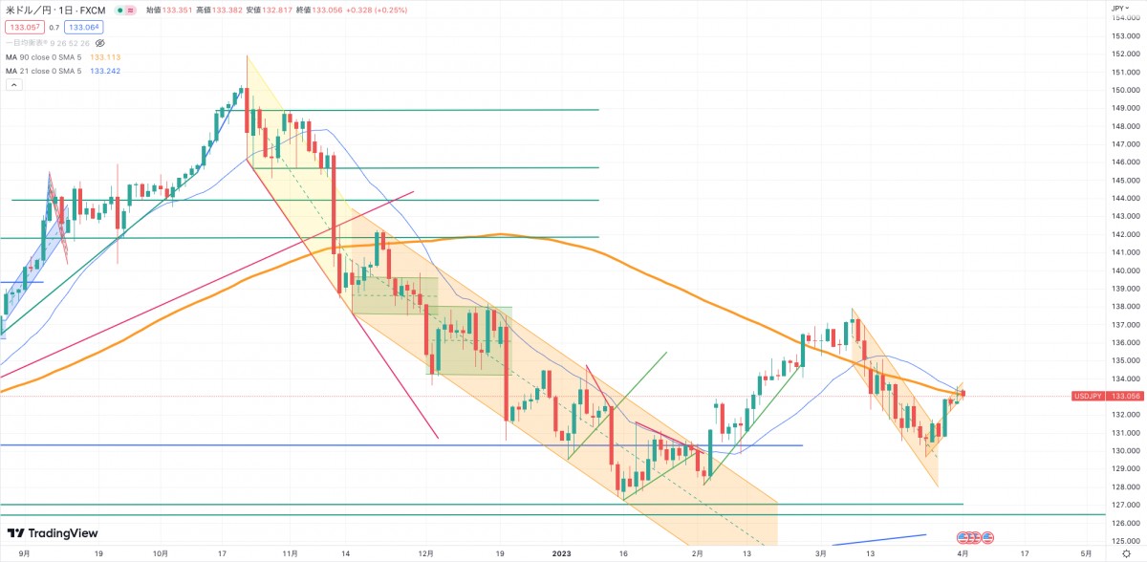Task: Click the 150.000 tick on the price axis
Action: coord(1124,90)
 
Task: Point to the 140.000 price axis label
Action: coord(1124,270)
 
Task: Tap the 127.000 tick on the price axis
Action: coord(1124,505)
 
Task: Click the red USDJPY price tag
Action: coord(1088,395)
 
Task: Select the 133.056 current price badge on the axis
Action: coord(1124,395)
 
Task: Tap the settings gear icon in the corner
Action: coord(1127,553)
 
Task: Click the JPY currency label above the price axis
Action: coord(1117,8)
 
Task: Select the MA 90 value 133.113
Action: coord(104,57)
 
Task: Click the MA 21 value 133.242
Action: coord(104,71)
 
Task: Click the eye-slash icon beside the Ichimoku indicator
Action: coord(99,43)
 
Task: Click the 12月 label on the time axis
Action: coord(427,553)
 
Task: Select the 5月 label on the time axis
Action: coord(1086,553)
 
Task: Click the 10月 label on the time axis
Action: coord(160,553)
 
